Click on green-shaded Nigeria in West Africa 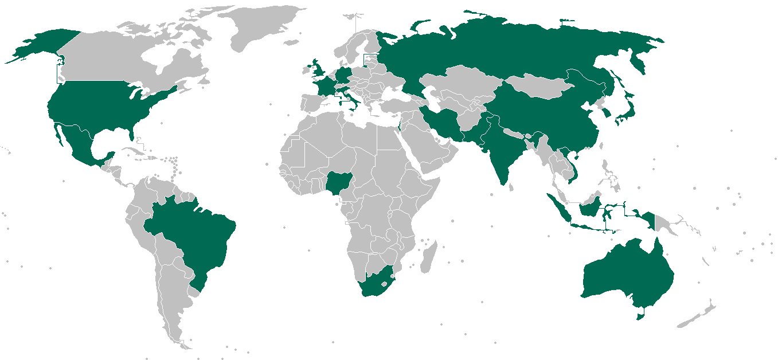pyautogui.click(x=339, y=183)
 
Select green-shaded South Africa pyautogui.click(x=376, y=284)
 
